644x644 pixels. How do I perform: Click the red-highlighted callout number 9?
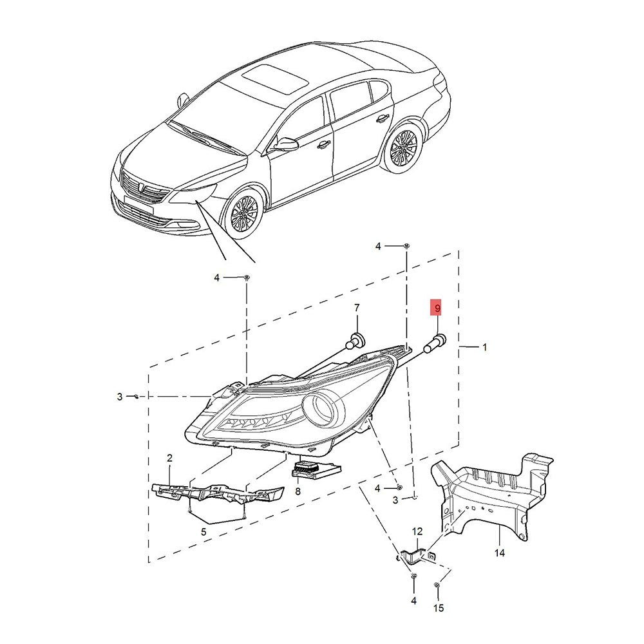[x=437, y=308]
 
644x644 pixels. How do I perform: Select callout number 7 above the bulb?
[x=357, y=308]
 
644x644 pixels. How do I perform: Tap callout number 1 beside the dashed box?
[x=485, y=347]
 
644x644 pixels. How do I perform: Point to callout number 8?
[x=298, y=491]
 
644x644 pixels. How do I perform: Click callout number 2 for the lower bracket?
[x=169, y=458]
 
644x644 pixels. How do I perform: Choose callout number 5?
[x=204, y=533]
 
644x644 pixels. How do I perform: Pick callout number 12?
[x=417, y=532]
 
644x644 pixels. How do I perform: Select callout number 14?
[x=500, y=553]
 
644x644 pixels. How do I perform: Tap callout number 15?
[x=439, y=608]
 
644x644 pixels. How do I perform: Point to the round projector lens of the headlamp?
[x=323, y=410]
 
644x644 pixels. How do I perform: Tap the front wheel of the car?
[x=244, y=214]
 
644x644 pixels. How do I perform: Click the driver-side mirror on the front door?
[x=286, y=144]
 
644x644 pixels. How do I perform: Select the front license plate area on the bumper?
[x=138, y=205]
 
